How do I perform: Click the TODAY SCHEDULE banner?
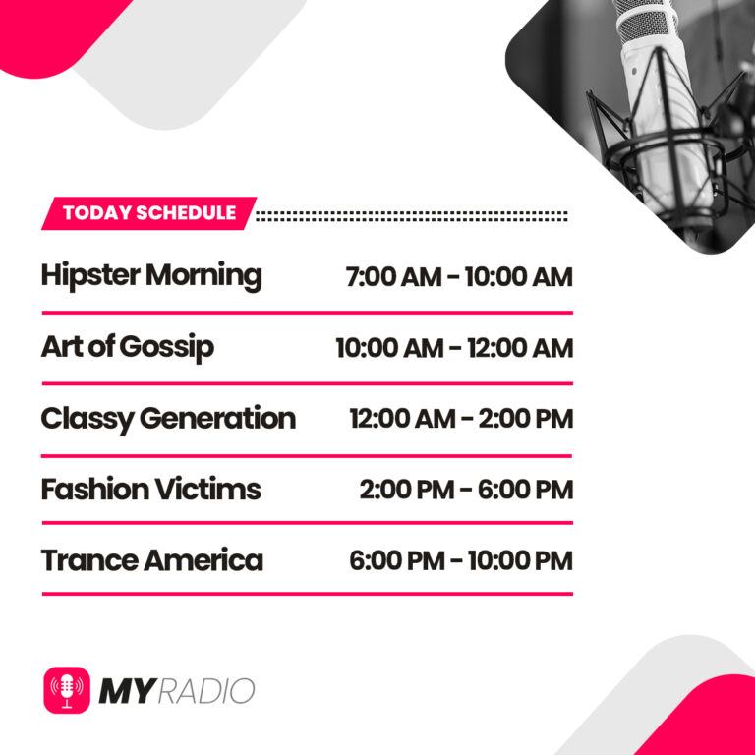point(148,213)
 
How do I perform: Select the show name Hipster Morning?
point(151,276)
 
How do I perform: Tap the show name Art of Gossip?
point(127,347)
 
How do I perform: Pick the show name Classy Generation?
point(168,418)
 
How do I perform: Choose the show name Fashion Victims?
point(150,489)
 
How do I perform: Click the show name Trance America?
point(151,560)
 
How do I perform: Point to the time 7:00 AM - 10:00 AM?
point(458,277)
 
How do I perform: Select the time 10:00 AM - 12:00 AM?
point(453,348)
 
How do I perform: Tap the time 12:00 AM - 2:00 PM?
point(460,419)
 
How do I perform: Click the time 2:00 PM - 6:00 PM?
point(466,490)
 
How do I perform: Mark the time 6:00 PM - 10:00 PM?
point(460,560)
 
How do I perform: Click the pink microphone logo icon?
point(67,690)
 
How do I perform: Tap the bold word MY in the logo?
point(126,691)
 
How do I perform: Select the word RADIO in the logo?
point(206,691)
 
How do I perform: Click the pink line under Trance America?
point(307,594)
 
